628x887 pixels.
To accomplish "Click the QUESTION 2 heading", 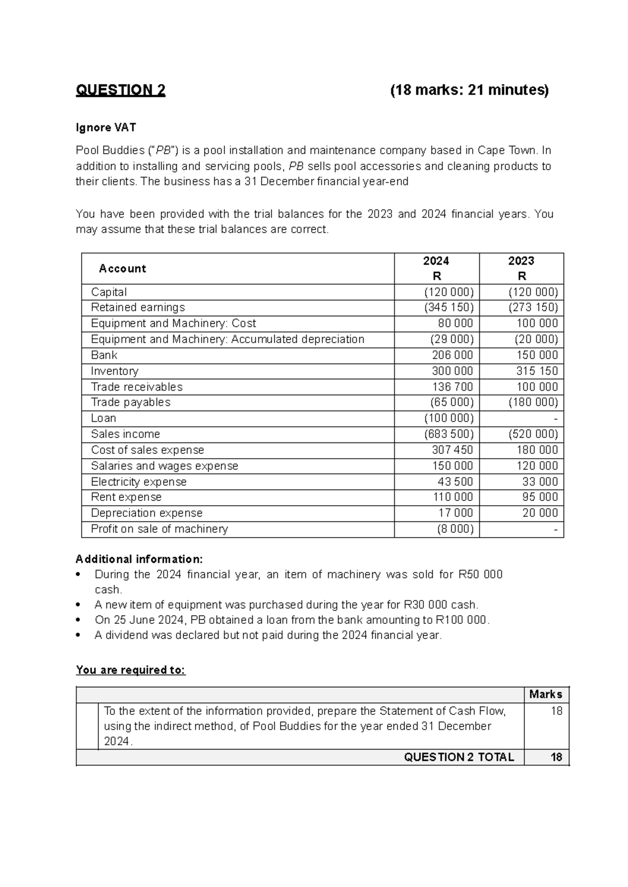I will click(120, 90).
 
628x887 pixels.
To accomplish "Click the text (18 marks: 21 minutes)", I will click(469, 90).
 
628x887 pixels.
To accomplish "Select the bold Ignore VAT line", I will click(106, 128).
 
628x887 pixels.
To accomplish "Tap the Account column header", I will click(122, 269).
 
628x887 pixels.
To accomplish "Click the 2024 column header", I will click(436, 261).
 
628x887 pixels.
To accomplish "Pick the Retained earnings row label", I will click(138, 308).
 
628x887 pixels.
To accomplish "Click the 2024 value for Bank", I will click(452, 355).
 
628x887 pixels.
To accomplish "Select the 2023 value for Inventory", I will click(537, 371).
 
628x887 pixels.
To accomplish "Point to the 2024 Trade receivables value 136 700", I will click(452, 387).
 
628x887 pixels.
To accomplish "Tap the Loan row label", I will click(104, 418).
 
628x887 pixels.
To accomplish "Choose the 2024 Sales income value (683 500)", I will click(448, 434).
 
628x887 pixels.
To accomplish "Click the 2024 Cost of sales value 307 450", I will click(452, 450).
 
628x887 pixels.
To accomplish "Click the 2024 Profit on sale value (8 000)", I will click(455, 529).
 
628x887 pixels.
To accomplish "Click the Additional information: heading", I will click(139, 559).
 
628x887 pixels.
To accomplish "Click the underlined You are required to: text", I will click(131, 670).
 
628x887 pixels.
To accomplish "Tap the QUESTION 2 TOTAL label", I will click(459, 757).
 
